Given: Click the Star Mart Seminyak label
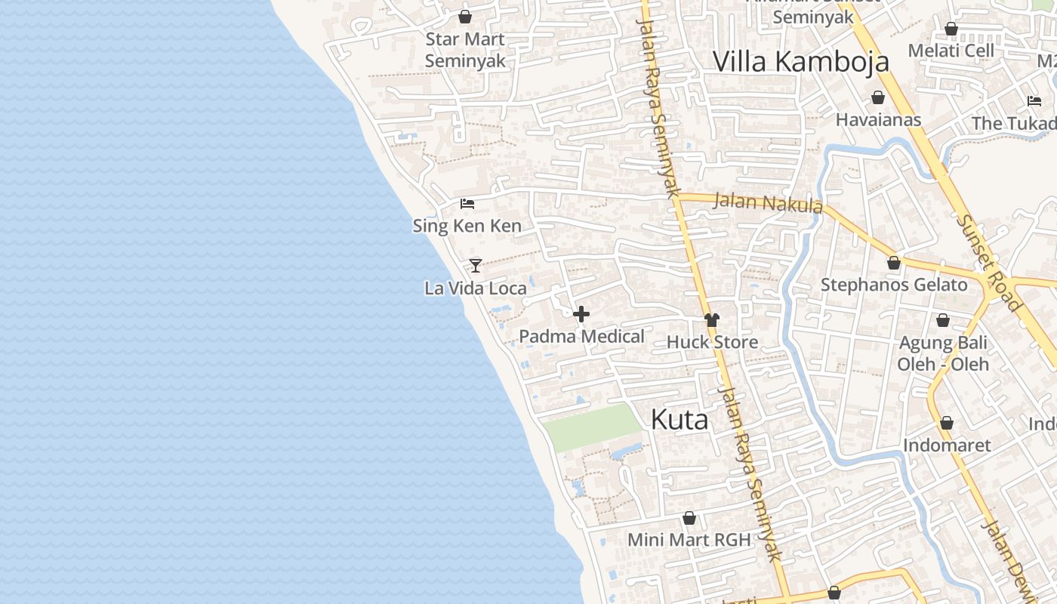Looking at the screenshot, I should point(465,50).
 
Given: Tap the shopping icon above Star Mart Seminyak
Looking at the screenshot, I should point(465,16).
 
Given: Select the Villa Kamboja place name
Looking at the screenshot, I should point(801,61).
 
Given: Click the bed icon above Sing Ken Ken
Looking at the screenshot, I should point(467,203).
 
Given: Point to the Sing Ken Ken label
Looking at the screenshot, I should point(467,226).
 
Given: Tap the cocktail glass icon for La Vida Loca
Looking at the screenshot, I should point(476,265).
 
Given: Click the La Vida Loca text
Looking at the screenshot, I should point(476,288).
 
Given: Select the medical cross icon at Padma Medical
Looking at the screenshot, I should point(581,314).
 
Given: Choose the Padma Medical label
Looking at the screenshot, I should point(581,337).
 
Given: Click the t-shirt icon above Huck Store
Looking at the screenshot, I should point(712,320).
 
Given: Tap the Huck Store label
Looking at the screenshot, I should point(712,342).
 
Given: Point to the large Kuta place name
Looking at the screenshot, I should point(679,420).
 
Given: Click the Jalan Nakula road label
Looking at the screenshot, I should point(767,203).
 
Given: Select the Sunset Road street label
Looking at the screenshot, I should point(988,262).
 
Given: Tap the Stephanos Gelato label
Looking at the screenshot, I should point(894,285).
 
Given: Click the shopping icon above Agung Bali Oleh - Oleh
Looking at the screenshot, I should point(943,321).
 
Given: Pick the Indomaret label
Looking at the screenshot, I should point(947,445).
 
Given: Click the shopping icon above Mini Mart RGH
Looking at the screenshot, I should point(689,518).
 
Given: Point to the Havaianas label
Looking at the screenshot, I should point(878,119).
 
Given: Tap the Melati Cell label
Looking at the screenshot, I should point(951,51).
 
